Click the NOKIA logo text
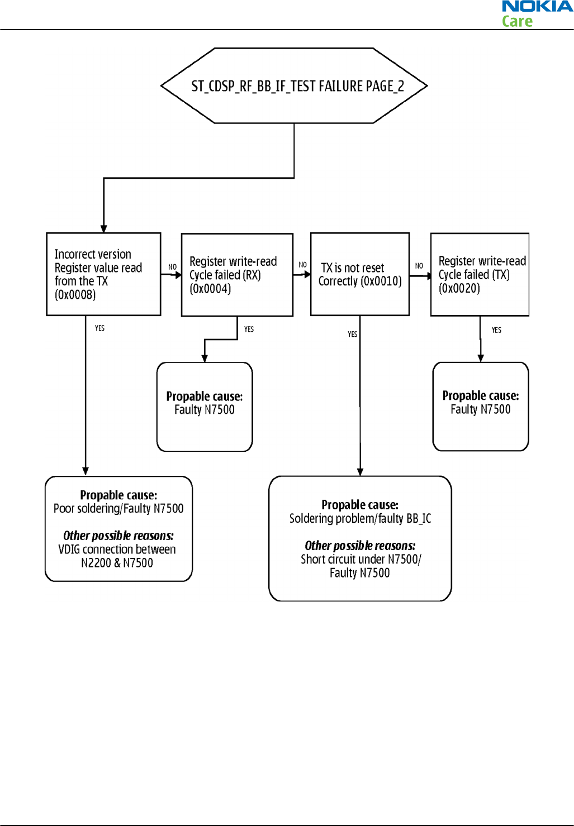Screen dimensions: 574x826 pyautogui.click(x=538, y=7)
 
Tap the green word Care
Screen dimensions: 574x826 pyautogui.click(x=517, y=21)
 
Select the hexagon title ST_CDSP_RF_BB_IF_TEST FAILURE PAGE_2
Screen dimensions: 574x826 pyautogui.click(x=297, y=87)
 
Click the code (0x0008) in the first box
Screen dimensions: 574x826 pyautogui.click(x=75, y=295)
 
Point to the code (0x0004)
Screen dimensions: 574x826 pyautogui.click(x=210, y=288)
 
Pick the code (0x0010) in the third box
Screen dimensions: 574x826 pyautogui.click(x=381, y=281)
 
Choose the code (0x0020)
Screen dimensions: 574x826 pyautogui.click(x=459, y=288)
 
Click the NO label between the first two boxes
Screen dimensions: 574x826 pyautogui.click(x=172, y=267)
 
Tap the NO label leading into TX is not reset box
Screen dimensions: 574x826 pyautogui.click(x=303, y=265)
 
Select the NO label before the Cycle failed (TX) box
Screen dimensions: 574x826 pyautogui.click(x=419, y=266)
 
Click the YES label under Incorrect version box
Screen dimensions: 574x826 pyautogui.click(x=99, y=328)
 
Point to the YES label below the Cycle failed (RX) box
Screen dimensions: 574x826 pyautogui.click(x=249, y=330)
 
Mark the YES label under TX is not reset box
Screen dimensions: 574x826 pyautogui.click(x=353, y=334)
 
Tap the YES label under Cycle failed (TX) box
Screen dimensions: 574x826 pyautogui.click(x=496, y=330)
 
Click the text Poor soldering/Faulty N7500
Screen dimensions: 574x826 pyautogui.click(x=118, y=509)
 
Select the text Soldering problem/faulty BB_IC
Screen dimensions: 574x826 pyautogui.click(x=360, y=518)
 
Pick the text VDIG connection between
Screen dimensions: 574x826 pyautogui.click(x=117, y=550)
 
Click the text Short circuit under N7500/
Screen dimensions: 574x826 pyautogui.click(x=361, y=560)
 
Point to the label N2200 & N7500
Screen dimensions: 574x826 pyautogui.click(x=117, y=563)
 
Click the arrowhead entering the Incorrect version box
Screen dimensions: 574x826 pyautogui.click(x=104, y=228)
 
